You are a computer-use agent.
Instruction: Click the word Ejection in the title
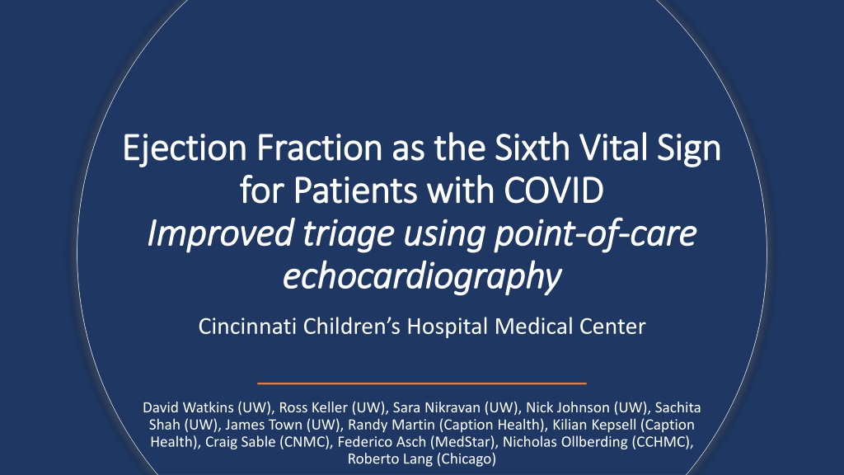click(185, 148)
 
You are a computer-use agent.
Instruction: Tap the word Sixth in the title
click(532, 148)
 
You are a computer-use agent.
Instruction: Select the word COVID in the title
click(554, 190)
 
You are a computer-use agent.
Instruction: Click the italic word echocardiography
click(422, 277)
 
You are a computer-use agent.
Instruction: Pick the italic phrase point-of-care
click(595, 233)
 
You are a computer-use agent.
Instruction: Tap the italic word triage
click(349, 234)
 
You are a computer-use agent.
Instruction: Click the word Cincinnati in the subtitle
click(247, 327)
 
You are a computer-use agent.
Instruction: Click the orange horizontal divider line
click(422, 383)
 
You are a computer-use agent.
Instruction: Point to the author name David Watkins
click(188, 407)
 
